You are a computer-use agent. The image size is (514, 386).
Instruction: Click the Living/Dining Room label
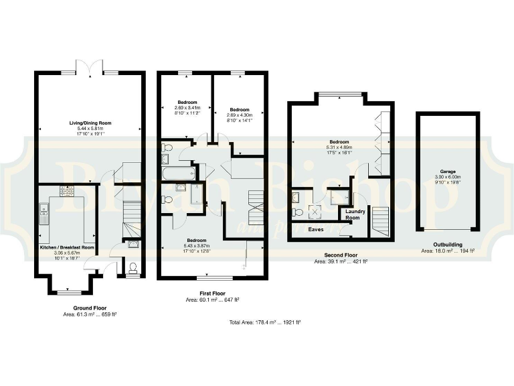(x=90, y=123)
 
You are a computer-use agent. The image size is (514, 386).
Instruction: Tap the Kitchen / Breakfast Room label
(x=67, y=247)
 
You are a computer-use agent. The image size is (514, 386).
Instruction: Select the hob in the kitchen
(x=68, y=191)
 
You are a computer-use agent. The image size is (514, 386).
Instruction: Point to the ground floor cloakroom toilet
(x=133, y=269)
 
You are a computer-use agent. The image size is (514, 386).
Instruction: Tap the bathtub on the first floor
(x=178, y=174)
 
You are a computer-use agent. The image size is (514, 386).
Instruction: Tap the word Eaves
(x=315, y=229)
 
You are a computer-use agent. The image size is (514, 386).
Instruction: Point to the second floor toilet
(x=298, y=212)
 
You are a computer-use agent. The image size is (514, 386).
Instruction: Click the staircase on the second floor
(x=379, y=222)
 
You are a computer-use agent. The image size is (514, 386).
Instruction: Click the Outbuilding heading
(x=448, y=245)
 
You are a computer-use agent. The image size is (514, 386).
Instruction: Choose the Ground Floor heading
(x=84, y=308)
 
